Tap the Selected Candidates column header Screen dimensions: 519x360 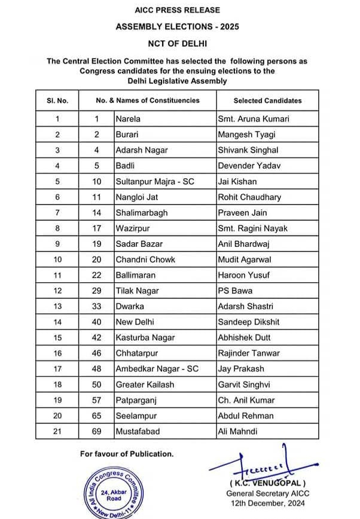(267, 100)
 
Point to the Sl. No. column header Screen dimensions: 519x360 (57, 100)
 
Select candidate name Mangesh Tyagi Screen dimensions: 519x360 (246, 135)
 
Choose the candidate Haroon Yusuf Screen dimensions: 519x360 (244, 275)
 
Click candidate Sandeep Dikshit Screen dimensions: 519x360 (249, 322)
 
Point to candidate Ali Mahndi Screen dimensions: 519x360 (238, 431)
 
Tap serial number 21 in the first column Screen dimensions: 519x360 (57, 431)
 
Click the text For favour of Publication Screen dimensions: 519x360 (127, 454)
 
